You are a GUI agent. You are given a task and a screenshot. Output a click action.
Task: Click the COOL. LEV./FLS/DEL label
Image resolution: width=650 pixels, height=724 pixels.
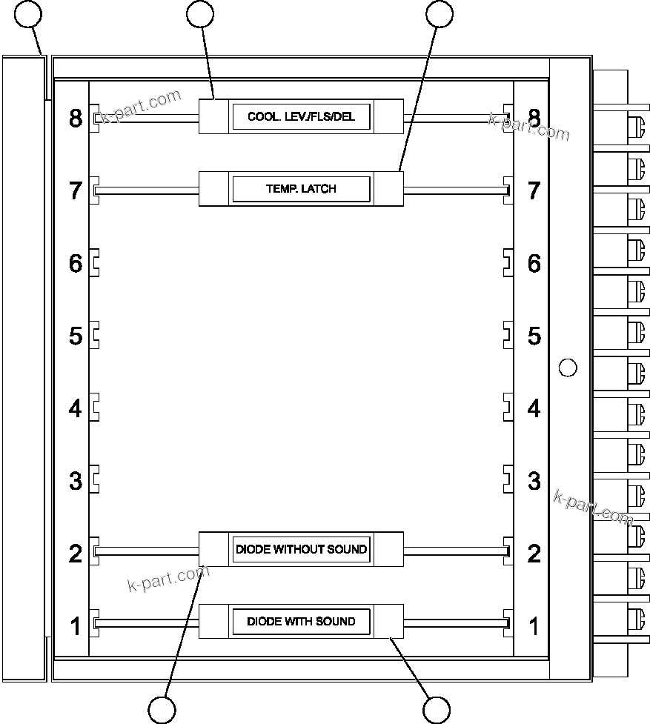(x=301, y=117)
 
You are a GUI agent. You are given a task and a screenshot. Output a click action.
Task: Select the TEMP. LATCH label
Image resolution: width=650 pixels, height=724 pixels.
(x=301, y=189)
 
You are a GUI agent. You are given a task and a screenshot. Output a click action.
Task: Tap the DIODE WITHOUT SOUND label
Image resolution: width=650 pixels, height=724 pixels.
(x=301, y=549)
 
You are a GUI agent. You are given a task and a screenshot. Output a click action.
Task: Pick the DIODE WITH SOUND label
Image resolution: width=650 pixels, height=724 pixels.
(x=301, y=621)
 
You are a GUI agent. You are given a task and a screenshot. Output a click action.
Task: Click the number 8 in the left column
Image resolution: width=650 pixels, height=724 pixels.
(x=76, y=119)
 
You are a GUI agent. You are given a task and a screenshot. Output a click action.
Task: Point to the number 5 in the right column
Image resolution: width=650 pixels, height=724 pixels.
(x=534, y=336)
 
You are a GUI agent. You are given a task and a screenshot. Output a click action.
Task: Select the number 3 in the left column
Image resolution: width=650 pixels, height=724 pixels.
(x=76, y=480)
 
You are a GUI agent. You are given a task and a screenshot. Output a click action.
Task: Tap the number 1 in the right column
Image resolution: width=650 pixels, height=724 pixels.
(x=534, y=625)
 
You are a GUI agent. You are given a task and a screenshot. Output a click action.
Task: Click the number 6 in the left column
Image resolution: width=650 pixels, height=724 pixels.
(x=76, y=263)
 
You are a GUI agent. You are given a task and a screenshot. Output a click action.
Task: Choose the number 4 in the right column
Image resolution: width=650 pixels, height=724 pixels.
(x=534, y=408)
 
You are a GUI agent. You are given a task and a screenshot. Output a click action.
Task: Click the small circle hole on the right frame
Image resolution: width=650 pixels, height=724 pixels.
(x=567, y=367)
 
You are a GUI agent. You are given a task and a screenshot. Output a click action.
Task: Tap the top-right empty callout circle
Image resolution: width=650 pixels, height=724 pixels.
(x=440, y=14)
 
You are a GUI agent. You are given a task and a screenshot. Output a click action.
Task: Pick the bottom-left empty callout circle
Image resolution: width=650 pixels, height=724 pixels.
(x=162, y=709)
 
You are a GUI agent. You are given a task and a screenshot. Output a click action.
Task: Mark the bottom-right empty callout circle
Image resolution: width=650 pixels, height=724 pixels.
(x=437, y=709)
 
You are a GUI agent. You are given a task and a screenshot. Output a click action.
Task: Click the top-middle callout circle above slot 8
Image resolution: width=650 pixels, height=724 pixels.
(x=200, y=14)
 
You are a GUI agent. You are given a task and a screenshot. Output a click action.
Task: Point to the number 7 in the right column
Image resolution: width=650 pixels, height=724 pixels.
(x=534, y=190)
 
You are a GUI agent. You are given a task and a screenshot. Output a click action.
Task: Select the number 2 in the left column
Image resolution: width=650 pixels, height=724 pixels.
(x=76, y=553)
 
